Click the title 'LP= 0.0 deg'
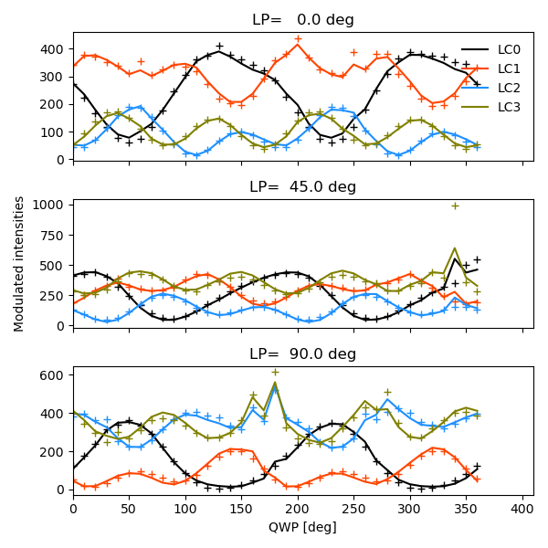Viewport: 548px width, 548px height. point(302,20)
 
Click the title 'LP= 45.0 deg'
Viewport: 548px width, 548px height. point(302,187)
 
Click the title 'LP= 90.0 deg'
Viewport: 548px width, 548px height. point(302,353)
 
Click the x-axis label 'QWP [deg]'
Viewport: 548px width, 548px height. point(302,527)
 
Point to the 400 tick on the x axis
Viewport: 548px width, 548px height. point(522,508)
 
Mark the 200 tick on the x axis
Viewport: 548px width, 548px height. point(298,508)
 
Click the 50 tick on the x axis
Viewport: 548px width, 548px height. point(129,508)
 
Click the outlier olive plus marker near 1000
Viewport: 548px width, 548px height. point(455,205)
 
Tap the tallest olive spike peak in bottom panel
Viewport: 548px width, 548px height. point(275,383)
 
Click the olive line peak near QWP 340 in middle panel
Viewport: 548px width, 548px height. point(455,248)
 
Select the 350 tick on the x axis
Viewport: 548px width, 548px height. point(466,508)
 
